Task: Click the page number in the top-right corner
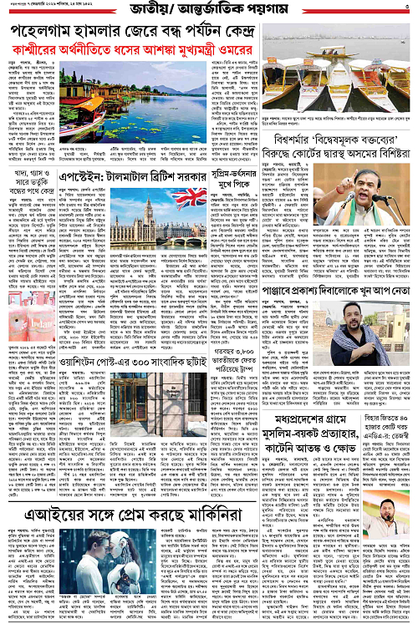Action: pos(406,8)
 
